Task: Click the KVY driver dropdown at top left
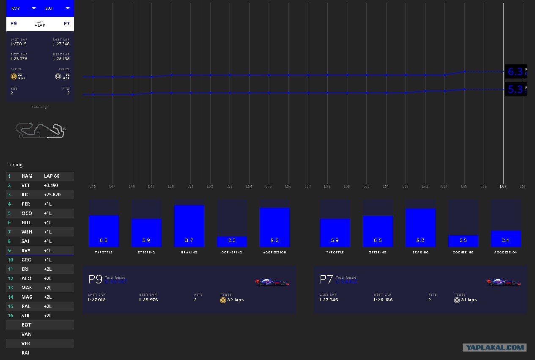pyautogui.click(x=23, y=8)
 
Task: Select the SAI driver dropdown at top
pyautogui.click(x=57, y=8)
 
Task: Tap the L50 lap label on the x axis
pyautogui.click(x=171, y=187)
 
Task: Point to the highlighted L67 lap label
pyautogui.click(x=503, y=187)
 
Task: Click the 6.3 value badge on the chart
pyautogui.click(x=515, y=72)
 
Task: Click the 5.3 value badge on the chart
pyautogui.click(x=515, y=89)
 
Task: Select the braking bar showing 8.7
pyautogui.click(x=189, y=226)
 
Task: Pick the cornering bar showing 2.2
pyautogui.click(x=232, y=241)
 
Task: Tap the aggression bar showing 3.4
pyautogui.click(x=506, y=239)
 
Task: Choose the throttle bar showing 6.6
pyautogui.click(x=104, y=231)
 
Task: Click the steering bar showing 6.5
pyautogui.click(x=378, y=231)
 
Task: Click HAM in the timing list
pyautogui.click(x=27, y=176)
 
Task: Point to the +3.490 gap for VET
pyautogui.click(x=51, y=185)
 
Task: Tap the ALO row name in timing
pyautogui.click(x=27, y=278)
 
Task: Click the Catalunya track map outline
pyautogui.click(x=40, y=131)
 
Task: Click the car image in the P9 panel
pyautogui.click(x=272, y=282)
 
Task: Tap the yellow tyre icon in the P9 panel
pyautogui.click(x=223, y=300)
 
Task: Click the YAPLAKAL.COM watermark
pyautogui.click(x=494, y=348)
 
